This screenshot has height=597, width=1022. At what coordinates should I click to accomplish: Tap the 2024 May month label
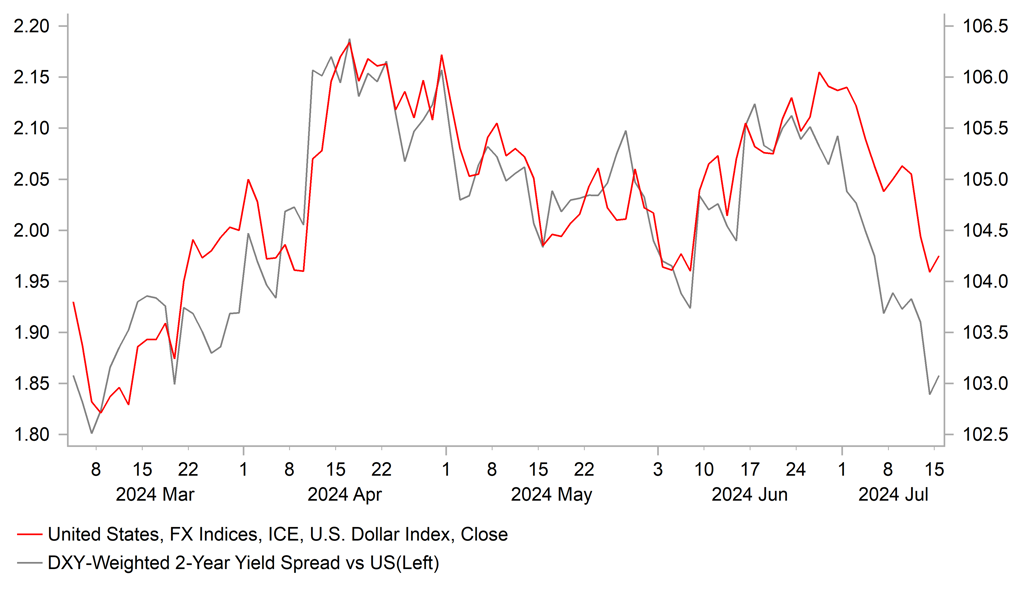coord(551,493)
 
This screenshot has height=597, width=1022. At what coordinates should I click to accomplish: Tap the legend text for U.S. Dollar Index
coord(278,535)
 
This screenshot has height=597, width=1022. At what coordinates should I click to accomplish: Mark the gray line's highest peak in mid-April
coord(349,39)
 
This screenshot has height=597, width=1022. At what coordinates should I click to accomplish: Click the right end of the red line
coord(939,256)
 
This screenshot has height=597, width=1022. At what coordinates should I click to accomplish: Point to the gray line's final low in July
coord(930,394)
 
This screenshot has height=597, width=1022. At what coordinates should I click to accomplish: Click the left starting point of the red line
coord(73,302)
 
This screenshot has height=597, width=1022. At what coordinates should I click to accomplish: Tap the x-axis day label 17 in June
coord(749,467)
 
